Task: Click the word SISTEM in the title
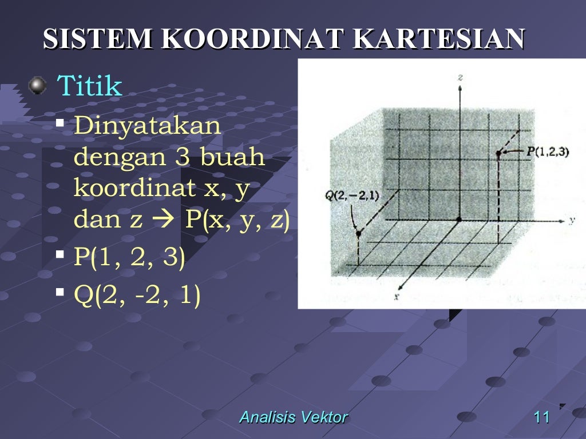[x=98, y=40]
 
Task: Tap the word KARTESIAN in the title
[x=438, y=40]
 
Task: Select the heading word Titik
[x=90, y=86]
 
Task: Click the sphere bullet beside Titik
[x=38, y=86]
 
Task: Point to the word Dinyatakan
[x=147, y=125]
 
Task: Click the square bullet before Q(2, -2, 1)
[x=60, y=292]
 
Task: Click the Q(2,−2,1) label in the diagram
[x=352, y=195]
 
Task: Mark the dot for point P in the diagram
[x=498, y=153]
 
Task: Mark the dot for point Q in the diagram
[x=359, y=233]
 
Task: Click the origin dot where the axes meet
[x=458, y=219]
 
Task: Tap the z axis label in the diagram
[x=460, y=77]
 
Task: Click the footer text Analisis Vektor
[x=293, y=417]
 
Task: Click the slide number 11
[x=541, y=417]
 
